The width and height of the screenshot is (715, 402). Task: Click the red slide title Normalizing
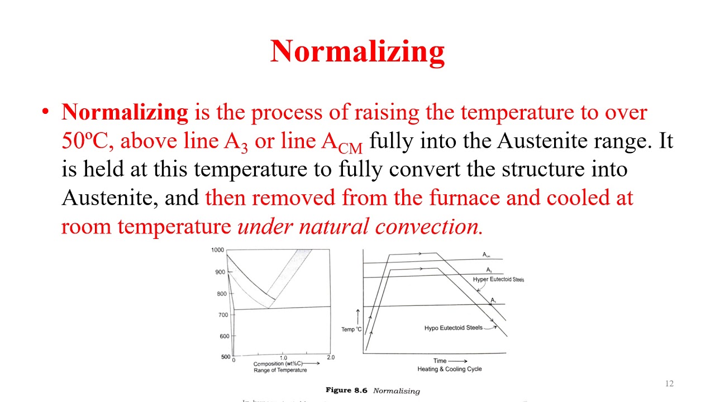357,51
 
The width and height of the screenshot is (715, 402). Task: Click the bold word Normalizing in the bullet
125,112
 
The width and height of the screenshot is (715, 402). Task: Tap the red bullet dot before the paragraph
46,112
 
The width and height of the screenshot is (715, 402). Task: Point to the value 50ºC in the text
84,141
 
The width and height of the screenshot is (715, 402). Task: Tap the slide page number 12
669,384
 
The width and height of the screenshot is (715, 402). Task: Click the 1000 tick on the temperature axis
217,250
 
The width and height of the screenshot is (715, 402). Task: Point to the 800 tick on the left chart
222,294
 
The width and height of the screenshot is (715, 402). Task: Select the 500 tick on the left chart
225,357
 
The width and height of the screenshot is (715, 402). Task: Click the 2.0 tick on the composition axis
330,358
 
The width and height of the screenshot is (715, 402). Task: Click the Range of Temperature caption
280,370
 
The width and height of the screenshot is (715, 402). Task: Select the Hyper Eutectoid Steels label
498,279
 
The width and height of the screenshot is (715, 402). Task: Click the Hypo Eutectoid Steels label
453,328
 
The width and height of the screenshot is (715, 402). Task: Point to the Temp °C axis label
351,329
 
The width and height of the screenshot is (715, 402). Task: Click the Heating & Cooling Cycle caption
449,369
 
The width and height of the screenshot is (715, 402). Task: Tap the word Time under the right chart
440,361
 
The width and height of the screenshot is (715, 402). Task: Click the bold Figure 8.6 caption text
346,390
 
